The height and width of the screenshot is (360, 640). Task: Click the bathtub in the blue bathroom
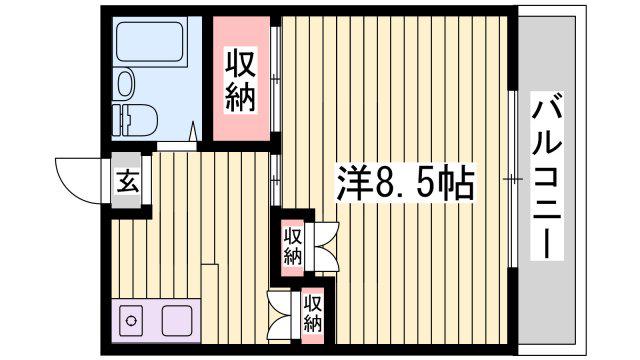(151, 43)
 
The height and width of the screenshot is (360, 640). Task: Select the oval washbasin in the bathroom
(126, 83)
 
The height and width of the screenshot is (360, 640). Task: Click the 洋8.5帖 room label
(405, 182)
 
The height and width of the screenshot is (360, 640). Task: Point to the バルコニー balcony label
(547, 176)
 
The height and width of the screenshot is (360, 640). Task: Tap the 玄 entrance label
(127, 182)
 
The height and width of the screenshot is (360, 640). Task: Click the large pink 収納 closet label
(241, 80)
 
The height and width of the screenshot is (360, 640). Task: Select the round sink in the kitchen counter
(131, 320)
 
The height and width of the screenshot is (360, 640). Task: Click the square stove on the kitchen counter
(177, 320)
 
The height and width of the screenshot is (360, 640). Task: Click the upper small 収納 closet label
(293, 246)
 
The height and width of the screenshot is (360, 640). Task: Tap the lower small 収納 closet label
(313, 313)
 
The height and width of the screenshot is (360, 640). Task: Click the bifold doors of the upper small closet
(322, 247)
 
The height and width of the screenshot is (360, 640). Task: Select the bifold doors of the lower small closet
(280, 314)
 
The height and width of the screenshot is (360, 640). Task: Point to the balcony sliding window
(512, 179)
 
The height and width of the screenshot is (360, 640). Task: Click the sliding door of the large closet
(276, 79)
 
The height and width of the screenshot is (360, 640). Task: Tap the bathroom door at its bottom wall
(176, 146)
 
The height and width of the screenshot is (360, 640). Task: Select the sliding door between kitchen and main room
(276, 180)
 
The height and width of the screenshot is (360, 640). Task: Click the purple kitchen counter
(156, 320)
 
